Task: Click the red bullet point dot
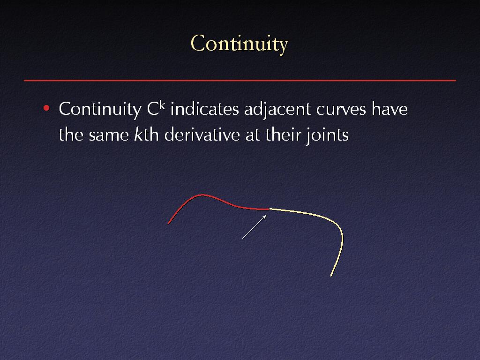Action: click(x=46, y=108)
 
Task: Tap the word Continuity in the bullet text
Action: click(x=100, y=109)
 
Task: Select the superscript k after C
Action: click(x=162, y=105)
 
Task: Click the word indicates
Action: click(x=204, y=109)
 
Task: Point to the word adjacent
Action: click(x=277, y=110)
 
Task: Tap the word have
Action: click(x=390, y=109)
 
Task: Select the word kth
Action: click(x=146, y=135)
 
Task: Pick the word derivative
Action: click(x=202, y=135)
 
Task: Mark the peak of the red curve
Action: click(x=202, y=195)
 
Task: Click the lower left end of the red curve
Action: click(x=169, y=224)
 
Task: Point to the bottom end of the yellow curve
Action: click(x=331, y=276)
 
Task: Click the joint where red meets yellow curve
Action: click(x=269, y=209)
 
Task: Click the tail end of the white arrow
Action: click(x=242, y=238)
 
